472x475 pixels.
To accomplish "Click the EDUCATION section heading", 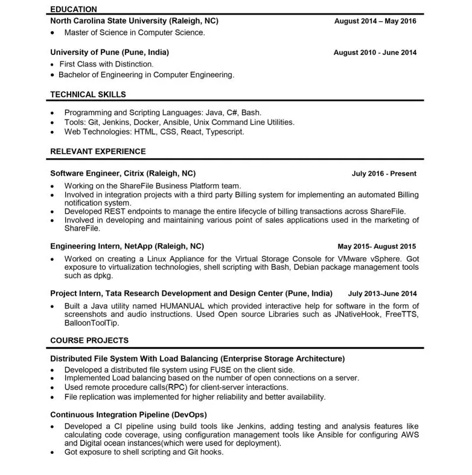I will coord(74,9).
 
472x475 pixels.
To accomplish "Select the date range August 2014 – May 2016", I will coord(375,21).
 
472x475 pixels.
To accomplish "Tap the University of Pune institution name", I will coord(109,52).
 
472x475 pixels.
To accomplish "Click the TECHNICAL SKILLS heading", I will coord(88,94).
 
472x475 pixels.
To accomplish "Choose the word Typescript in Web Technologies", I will coord(225,132).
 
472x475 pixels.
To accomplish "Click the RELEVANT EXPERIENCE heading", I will coord(98,151).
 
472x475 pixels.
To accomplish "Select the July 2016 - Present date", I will coord(384,174).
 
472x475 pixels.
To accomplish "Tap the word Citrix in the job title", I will coord(135,173).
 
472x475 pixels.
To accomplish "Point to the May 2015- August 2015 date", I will coord(377,247).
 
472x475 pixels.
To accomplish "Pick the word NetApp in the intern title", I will coord(138,246).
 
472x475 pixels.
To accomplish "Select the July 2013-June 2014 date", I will coord(382,294).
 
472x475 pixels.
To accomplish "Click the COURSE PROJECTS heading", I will coord(89,340).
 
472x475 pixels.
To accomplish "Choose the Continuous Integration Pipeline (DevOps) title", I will coord(129,415).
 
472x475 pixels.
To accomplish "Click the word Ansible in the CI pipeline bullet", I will coord(320,435).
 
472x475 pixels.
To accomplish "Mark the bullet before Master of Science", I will coord(53,33).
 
